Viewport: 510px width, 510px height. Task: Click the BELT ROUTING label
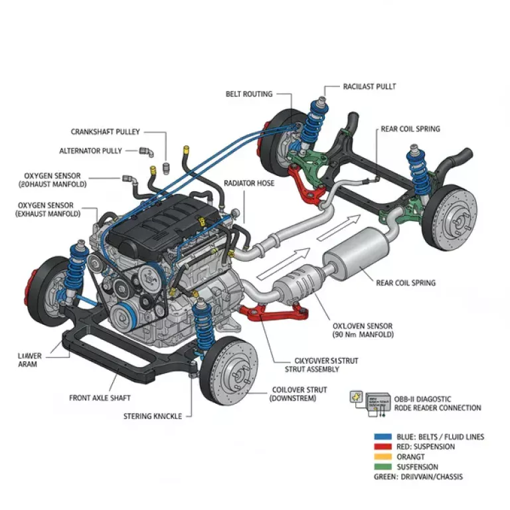click(x=249, y=94)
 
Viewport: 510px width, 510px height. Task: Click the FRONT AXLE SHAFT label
click(x=100, y=398)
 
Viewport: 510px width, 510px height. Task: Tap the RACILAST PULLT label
click(x=371, y=86)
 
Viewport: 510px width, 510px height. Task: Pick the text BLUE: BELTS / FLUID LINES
click(x=439, y=437)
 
